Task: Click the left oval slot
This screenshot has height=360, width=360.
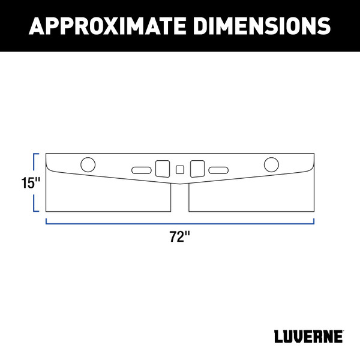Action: point(142,170)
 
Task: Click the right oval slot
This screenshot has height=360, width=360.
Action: point(218,170)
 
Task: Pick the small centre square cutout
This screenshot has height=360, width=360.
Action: point(180,169)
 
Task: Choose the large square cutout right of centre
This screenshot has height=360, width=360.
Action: point(197,167)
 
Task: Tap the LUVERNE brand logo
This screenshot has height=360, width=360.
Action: point(309,336)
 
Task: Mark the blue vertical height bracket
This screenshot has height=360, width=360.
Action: point(35,182)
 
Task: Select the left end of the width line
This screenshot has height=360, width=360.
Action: point(46,221)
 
